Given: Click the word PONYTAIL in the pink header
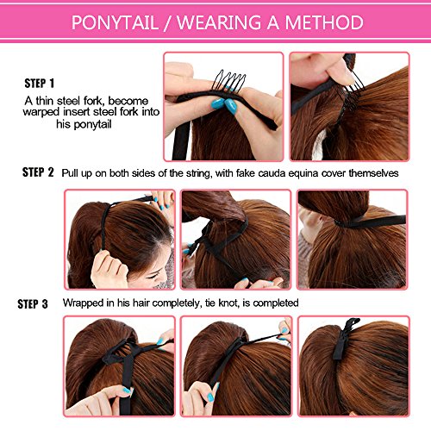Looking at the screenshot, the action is (x=115, y=22).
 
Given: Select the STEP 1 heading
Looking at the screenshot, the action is (x=39, y=84).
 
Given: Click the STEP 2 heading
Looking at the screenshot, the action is (x=38, y=172).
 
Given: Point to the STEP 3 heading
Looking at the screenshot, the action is (x=33, y=303).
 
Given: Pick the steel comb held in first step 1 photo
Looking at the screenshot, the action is (x=228, y=81).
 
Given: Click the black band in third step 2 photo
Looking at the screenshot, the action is (x=371, y=222).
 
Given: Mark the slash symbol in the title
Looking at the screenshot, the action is (x=167, y=23).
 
